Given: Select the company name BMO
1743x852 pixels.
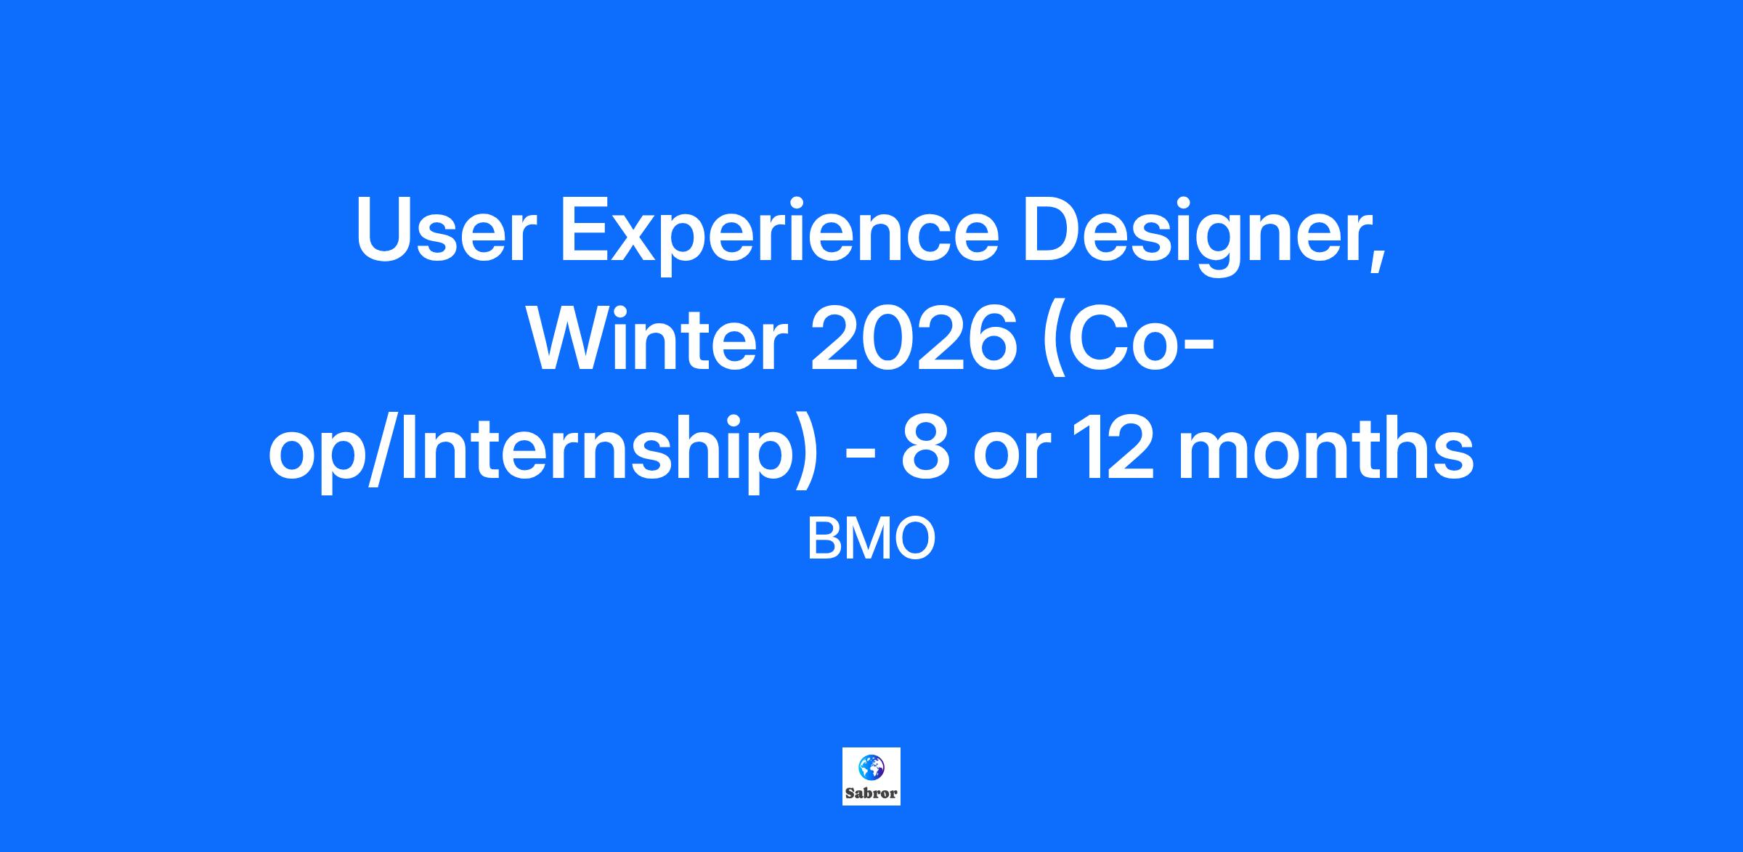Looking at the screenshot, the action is (871, 540).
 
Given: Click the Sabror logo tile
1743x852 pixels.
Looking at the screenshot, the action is (871, 776).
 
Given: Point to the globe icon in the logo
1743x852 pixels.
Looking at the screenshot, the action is (871, 767).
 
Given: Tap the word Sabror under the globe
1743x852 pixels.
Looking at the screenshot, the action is (871, 793).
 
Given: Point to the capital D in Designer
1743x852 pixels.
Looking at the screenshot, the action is (1052, 230).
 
